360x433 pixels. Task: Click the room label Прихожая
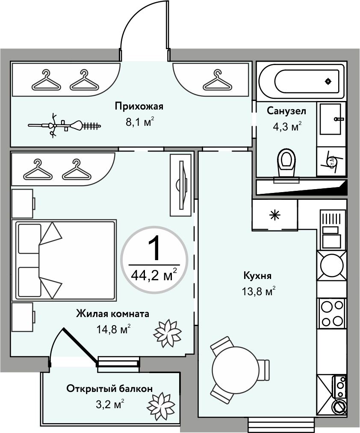pos(139,107)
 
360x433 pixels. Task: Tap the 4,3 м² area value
pos(287,127)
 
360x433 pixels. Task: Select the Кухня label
pos(257,276)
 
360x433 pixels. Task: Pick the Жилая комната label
pos(112,314)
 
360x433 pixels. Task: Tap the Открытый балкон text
pos(109,389)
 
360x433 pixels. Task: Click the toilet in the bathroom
pos(286,163)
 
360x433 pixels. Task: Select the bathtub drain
pos(328,81)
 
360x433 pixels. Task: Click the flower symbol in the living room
pos(167,332)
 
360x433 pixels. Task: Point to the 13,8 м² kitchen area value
pos(257,292)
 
